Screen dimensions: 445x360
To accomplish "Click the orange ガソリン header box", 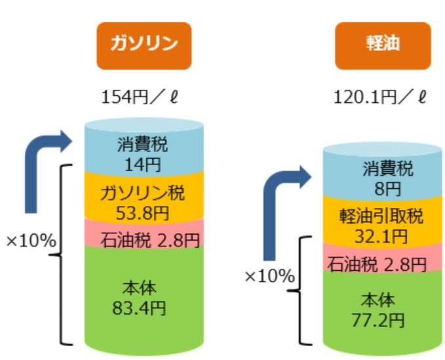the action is (144, 46).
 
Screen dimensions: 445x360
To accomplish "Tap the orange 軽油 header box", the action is (383, 46).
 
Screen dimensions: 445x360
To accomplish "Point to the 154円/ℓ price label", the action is (140, 98).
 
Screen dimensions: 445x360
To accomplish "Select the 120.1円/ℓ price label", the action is (380, 98).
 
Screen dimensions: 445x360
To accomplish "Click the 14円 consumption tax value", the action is (143, 165).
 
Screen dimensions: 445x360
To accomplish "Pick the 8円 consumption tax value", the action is (387, 189).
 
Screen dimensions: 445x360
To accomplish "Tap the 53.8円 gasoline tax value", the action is (142, 213).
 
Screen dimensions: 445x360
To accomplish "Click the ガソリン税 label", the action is (142, 193).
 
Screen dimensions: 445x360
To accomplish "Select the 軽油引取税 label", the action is (381, 216).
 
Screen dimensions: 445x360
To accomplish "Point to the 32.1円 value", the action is (381, 236).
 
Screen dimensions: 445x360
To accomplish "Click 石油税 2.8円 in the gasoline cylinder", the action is (150, 240).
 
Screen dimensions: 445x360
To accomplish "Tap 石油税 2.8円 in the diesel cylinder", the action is (377, 265).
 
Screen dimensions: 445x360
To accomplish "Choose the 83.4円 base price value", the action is (139, 308).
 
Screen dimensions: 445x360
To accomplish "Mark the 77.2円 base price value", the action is (378, 321).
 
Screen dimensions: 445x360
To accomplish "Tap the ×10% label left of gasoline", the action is (31, 241).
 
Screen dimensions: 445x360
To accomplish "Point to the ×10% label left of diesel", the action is (269, 277).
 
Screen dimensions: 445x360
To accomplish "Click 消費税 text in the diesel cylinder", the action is (388, 169).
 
